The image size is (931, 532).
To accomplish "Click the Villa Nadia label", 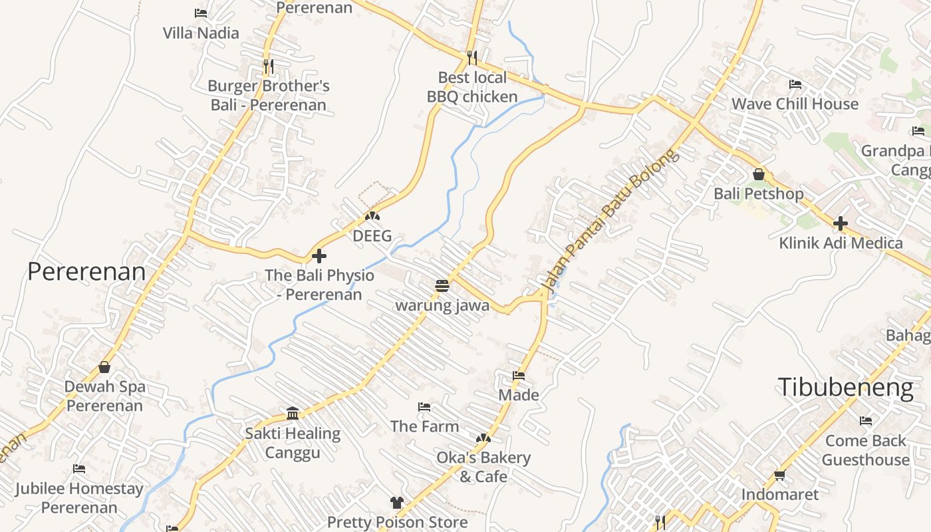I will (x=201, y=33).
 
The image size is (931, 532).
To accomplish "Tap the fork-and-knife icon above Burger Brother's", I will (x=268, y=66).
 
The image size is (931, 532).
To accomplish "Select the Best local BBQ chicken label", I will (x=472, y=87).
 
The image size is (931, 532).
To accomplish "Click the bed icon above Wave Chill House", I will (x=795, y=84).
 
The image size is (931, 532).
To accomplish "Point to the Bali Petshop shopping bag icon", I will (x=759, y=175).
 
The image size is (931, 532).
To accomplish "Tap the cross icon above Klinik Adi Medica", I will (x=841, y=223).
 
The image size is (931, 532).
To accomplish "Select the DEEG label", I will (x=372, y=236).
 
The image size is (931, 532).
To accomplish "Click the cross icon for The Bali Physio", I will (x=319, y=256).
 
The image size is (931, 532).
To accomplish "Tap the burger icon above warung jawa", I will (x=442, y=286).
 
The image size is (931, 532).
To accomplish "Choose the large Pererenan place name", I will (x=86, y=271).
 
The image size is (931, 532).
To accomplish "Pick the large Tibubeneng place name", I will (x=846, y=387).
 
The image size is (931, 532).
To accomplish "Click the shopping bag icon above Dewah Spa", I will (x=104, y=367).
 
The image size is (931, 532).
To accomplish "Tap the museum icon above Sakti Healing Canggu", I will (x=293, y=414).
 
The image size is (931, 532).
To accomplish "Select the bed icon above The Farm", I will (x=424, y=407).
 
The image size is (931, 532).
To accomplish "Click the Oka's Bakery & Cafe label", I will (x=483, y=467).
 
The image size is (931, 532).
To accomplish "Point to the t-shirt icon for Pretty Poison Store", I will (x=396, y=503).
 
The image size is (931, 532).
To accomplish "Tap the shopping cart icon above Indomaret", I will (x=780, y=475).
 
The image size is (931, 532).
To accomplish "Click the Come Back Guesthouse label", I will (x=866, y=450).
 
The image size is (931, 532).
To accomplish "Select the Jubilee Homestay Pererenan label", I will (x=79, y=498).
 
